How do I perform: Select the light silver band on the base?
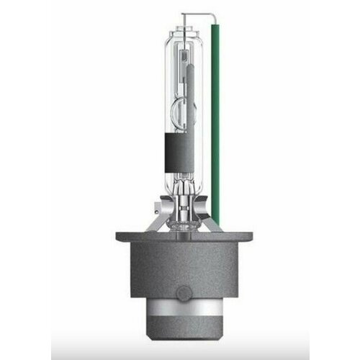click(180, 306)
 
